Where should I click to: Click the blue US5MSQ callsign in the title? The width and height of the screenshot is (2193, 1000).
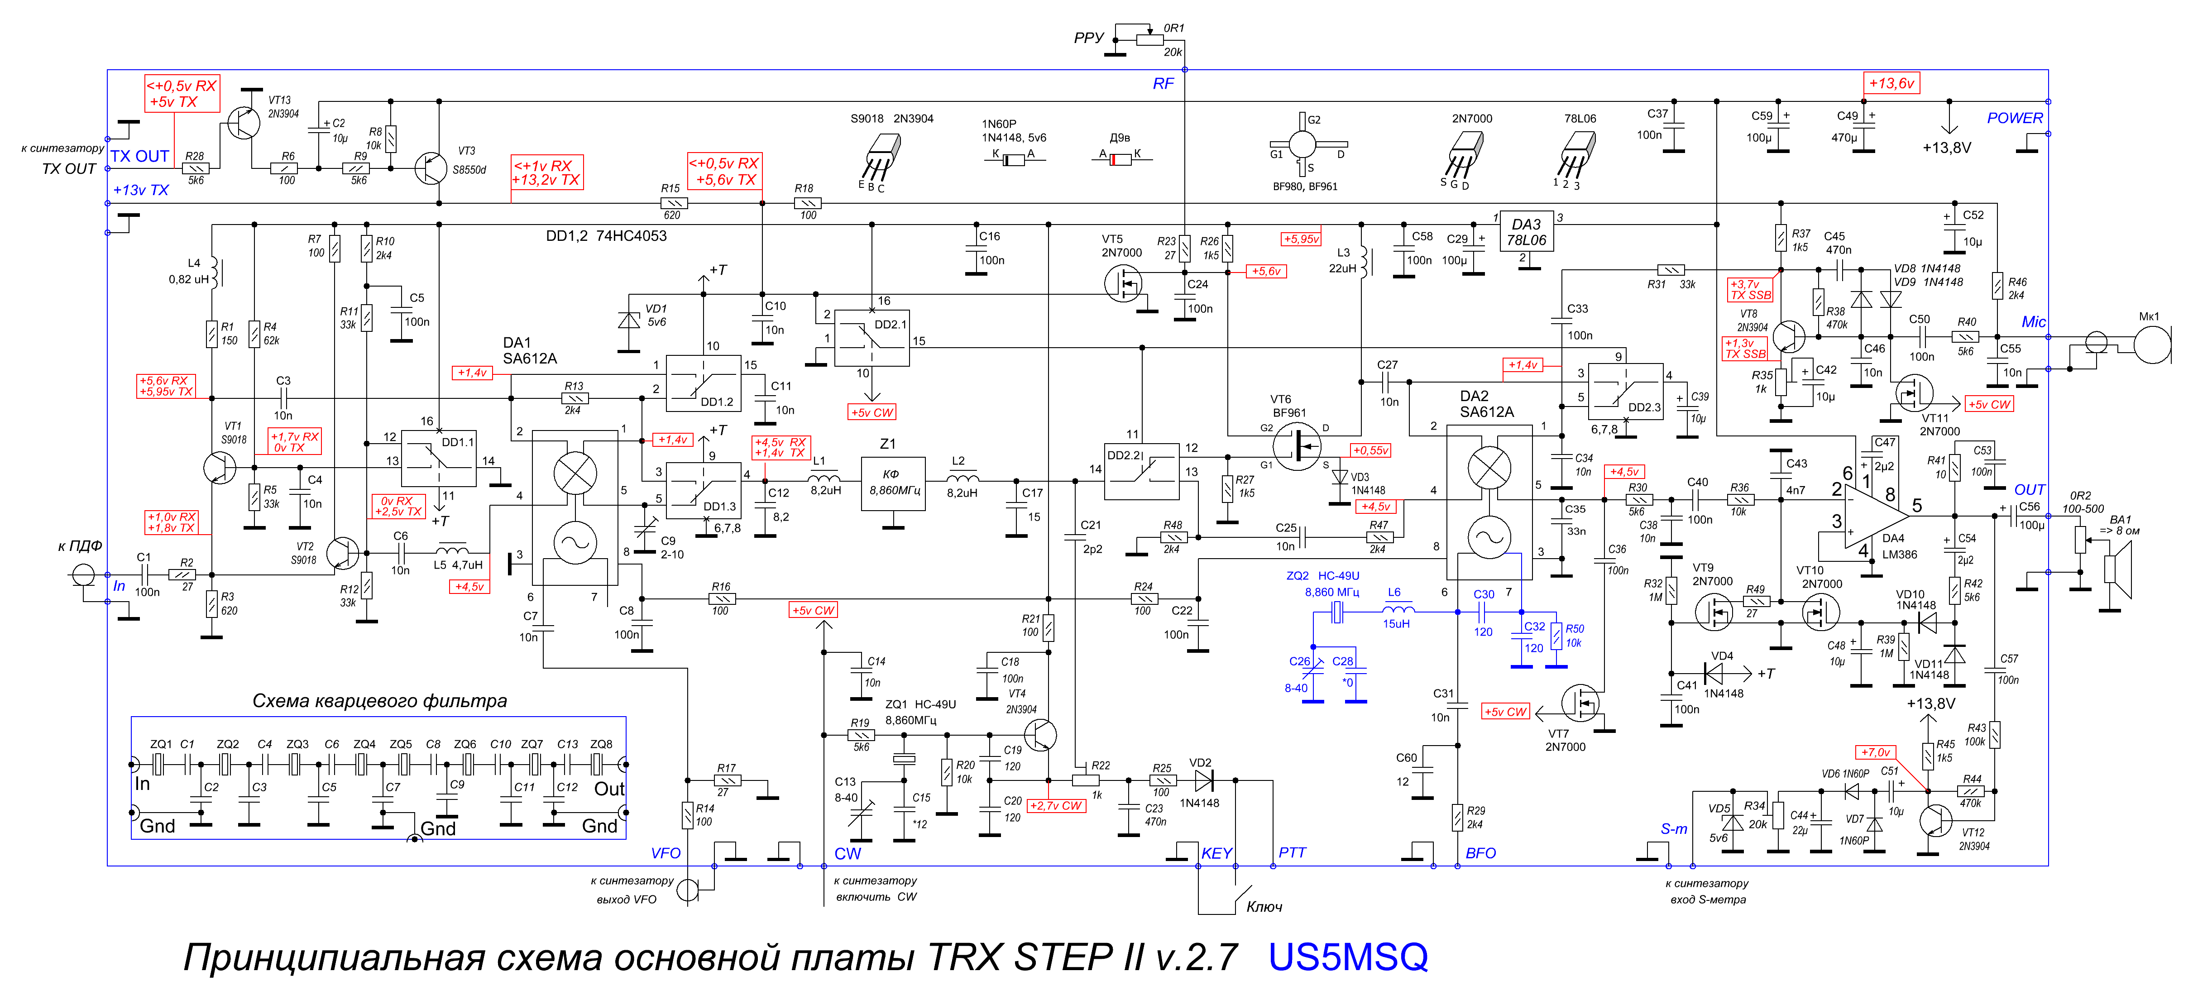1348,957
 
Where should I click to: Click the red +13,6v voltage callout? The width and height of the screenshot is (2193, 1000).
1891,83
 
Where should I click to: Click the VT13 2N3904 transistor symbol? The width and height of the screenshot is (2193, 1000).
244,124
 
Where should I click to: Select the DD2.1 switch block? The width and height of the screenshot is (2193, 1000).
872,338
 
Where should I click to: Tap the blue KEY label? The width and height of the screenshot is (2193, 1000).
1216,854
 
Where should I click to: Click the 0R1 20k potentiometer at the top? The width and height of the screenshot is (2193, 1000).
1150,39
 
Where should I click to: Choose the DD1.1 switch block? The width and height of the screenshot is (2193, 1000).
438,459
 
